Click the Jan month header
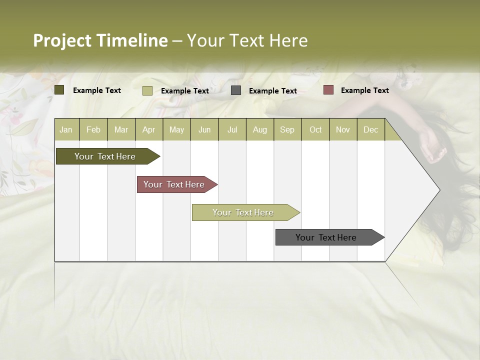click(66, 129)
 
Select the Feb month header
click(93, 129)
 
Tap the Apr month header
click(148, 129)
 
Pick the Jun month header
click(204, 129)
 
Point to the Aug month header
click(259, 129)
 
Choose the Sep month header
click(287, 129)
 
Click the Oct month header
click(315, 129)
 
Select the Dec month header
click(370, 129)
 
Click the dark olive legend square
click(59, 90)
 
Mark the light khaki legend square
click(147, 90)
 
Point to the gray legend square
click(236, 90)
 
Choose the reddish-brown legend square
click(328, 90)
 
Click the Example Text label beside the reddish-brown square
click(364, 90)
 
